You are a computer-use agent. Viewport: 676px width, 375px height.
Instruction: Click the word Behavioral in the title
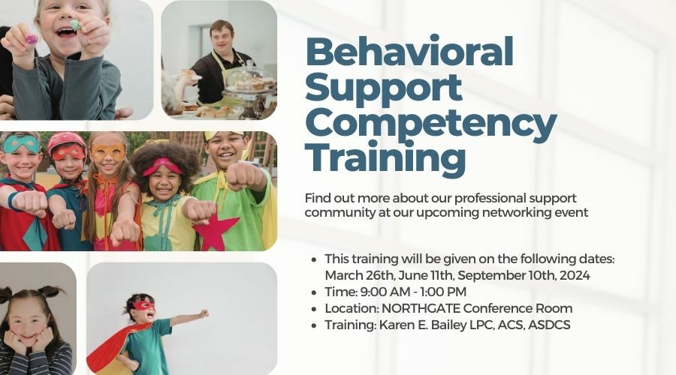pos(409,51)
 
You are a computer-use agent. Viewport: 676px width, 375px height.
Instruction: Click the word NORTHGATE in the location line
pos(421,308)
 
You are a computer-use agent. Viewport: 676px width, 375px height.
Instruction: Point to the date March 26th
pos(359,275)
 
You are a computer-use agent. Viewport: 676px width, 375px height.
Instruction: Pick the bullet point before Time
pos(314,292)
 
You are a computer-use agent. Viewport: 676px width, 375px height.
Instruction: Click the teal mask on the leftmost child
pos(21,144)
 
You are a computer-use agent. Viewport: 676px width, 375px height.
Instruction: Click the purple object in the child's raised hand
pos(31,39)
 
